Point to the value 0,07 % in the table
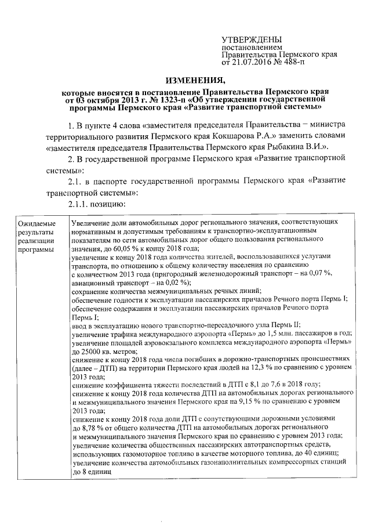tap(336, 273)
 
